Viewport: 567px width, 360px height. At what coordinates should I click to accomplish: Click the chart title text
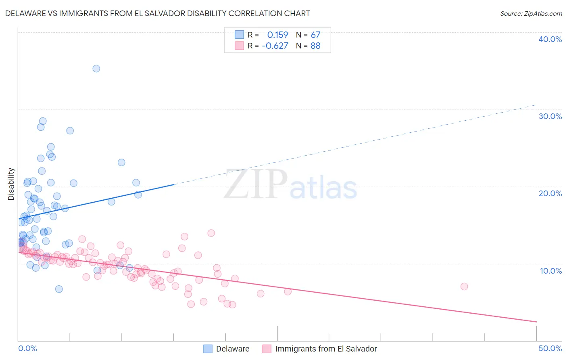[x=157, y=13]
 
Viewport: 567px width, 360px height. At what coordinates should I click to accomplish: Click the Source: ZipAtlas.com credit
[x=531, y=13]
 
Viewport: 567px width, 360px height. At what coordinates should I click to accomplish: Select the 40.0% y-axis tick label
[x=550, y=39]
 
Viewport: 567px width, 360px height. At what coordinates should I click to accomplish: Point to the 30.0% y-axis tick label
[x=550, y=116]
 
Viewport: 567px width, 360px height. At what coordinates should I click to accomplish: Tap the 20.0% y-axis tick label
[x=550, y=193]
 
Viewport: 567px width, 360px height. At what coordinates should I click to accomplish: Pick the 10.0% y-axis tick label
[x=551, y=270]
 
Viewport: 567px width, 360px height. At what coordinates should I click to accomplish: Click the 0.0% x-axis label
[x=27, y=348]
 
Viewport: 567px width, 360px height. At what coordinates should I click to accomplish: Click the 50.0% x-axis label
[x=550, y=348]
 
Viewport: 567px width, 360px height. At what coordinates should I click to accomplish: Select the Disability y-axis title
[x=11, y=184]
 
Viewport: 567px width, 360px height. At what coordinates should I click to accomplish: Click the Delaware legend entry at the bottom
[x=233, y=349]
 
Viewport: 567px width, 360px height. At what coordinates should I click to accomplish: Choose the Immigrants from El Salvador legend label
[x=326, y=349]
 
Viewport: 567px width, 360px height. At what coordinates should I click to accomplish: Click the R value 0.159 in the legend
[x=277, y=35]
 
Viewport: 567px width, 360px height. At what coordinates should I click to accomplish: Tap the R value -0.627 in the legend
[x=275, y=46]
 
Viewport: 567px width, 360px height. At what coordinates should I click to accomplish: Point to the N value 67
[x=315, y=35]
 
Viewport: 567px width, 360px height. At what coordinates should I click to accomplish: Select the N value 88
[x=315, y=46]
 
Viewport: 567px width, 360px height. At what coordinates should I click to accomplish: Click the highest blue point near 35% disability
[x=96, y=69]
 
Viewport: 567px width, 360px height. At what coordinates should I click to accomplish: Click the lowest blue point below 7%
[x=59, y=289]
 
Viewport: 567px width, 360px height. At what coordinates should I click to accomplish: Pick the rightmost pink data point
[x=464, y=287]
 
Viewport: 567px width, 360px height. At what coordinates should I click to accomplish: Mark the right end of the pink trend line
[x=536, y=322]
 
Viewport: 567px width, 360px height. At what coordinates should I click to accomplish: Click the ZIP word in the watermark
[x=256, y=184]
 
